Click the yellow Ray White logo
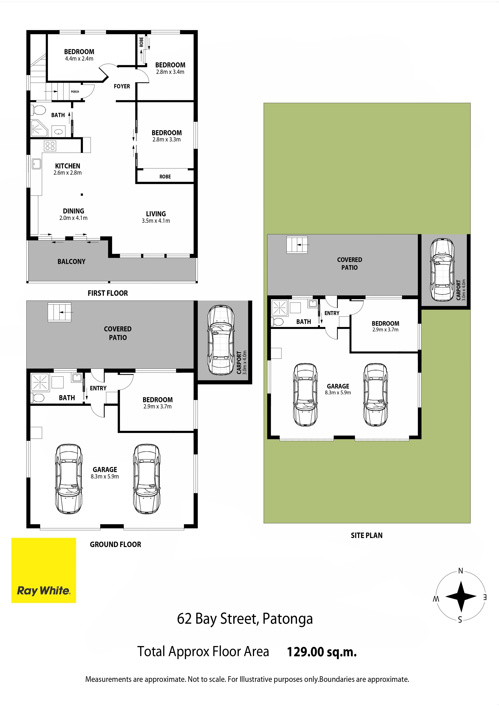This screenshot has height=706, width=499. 44,570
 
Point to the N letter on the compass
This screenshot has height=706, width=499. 461,571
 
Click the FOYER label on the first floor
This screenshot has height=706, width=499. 122,86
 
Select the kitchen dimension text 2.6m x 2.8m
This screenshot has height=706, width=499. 68,173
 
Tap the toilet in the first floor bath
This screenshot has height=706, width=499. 38,110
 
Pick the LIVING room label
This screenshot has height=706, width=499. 156,214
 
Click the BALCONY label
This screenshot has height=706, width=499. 71,262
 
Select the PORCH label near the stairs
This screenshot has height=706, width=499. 75,92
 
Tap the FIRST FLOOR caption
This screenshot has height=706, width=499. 108,293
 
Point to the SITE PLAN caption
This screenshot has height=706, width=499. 367,535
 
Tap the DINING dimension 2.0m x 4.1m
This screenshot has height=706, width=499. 73,218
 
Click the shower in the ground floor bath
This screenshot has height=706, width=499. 40,382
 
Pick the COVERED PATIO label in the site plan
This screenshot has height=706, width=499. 350,264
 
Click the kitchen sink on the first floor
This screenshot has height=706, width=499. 37,164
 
